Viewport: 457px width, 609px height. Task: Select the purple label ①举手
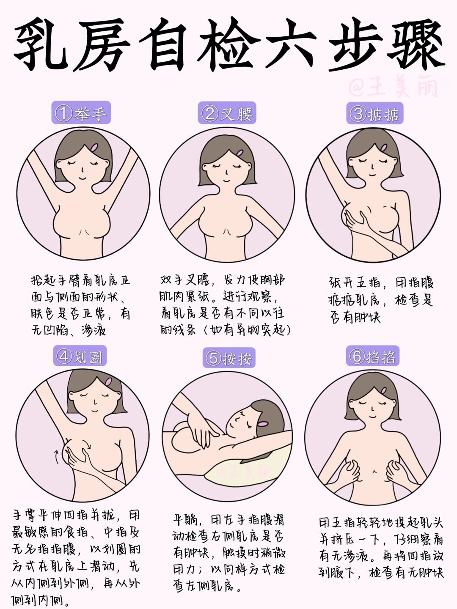point(81,113)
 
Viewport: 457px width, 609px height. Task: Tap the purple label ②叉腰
point(227,113)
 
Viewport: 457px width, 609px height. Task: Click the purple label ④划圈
point(80,357)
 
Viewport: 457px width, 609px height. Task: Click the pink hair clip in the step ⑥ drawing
point(384,390)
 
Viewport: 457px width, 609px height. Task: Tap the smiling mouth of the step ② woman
point(227,179)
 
